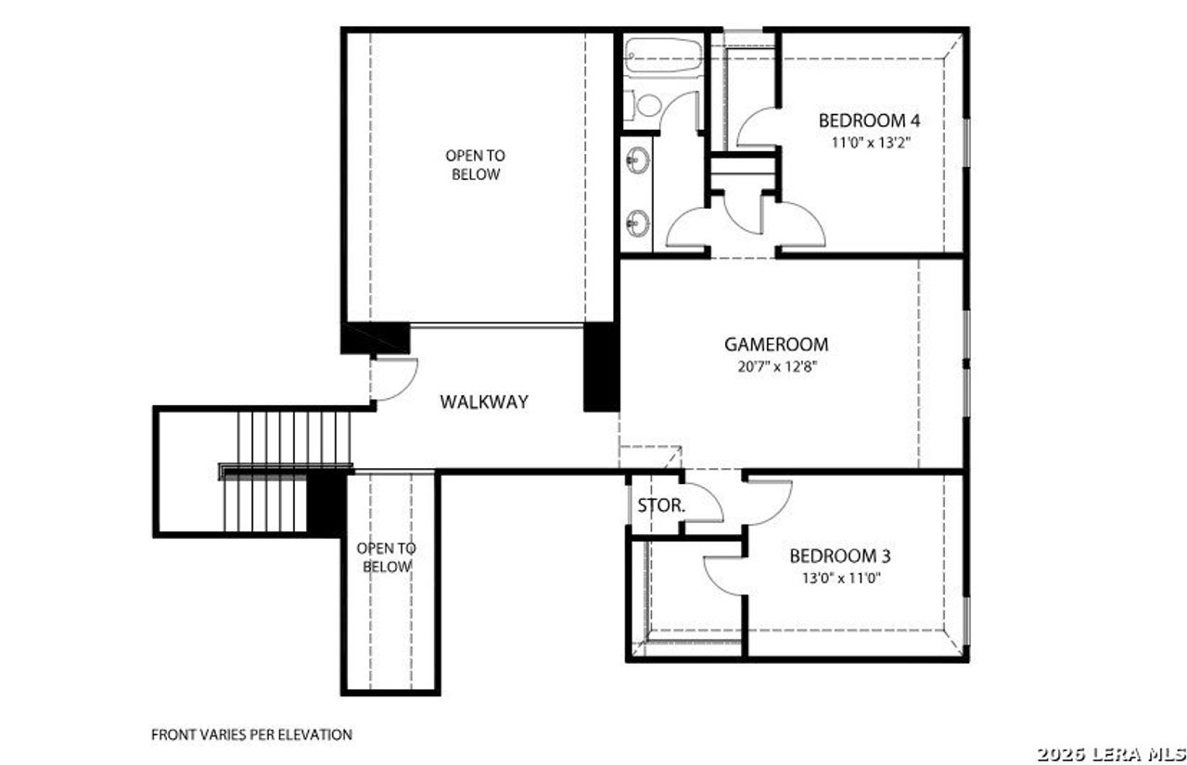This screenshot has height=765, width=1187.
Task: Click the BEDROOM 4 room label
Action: (868, 121)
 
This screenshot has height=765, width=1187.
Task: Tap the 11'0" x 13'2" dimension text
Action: (868, 143)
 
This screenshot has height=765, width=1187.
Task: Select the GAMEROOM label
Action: (776, 344)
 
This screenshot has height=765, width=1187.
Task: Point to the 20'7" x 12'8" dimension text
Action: (776, 365)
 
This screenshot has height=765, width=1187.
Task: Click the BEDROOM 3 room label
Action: (839, 556)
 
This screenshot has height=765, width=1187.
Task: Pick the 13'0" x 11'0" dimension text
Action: (839, 578)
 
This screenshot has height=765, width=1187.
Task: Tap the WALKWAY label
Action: (484, 402)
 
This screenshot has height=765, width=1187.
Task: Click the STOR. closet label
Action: (661, 506)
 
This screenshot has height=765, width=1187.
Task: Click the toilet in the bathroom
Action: (646, 105)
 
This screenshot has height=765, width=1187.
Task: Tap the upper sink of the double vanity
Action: (637, 161)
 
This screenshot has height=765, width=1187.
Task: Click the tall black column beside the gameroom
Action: (601, 366)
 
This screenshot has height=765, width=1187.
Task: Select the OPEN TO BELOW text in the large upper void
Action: (475, 165)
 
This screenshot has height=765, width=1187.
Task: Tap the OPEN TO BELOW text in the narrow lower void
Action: (387, 557)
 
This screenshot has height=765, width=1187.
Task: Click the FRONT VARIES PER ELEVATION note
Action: (251, 734)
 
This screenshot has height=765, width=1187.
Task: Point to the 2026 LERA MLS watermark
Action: (1110, 752)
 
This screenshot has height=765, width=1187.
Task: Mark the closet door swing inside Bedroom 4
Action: (758, 127)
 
